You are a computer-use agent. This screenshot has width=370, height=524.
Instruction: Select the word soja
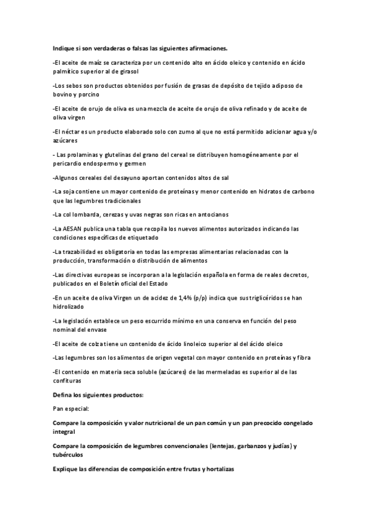(x=70, y=192)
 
